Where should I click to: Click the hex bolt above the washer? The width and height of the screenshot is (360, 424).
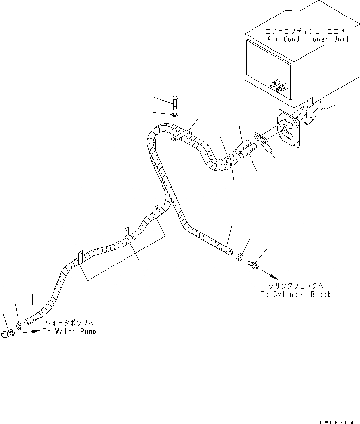pyautogui.click(x=176, y=103)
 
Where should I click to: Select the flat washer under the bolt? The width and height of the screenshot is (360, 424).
pyautogui.click(x=174, y=115)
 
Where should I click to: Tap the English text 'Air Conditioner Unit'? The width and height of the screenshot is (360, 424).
pyautogui.click(x=307, y=39)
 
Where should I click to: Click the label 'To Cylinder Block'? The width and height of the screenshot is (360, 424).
pyautogui.click(x=295, y=294)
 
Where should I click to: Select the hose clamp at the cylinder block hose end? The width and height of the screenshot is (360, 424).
pyautogui.click(x=241, y=256)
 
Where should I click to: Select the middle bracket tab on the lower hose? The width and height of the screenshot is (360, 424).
pyautogui.click(x=126, y=230)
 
